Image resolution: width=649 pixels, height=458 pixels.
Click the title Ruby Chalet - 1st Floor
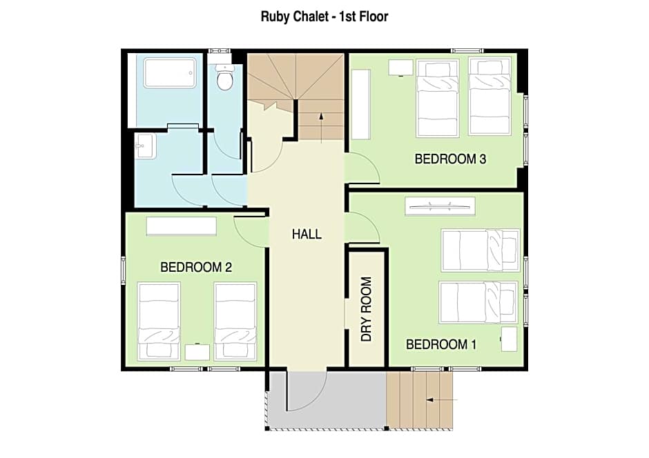point(324,17)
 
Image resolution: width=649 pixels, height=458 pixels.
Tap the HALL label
point(307,234)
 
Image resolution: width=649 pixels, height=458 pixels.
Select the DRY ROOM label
point(367,309)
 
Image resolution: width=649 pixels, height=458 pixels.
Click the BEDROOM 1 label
point(440,344)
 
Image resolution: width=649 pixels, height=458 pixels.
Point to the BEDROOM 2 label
point(195,267)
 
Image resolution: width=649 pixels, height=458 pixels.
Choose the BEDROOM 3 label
point(450,159)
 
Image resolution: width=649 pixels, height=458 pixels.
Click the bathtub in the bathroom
point(170,73)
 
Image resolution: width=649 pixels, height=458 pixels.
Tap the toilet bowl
point(225,80)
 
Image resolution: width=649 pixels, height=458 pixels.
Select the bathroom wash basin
point(146,146)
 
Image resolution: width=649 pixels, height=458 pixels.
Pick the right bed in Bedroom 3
point(490,96)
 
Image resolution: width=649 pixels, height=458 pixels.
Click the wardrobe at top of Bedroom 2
point(182,226)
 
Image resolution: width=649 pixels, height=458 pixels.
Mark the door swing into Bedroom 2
point(251,231)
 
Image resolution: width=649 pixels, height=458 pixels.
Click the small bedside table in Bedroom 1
point(509,339)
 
